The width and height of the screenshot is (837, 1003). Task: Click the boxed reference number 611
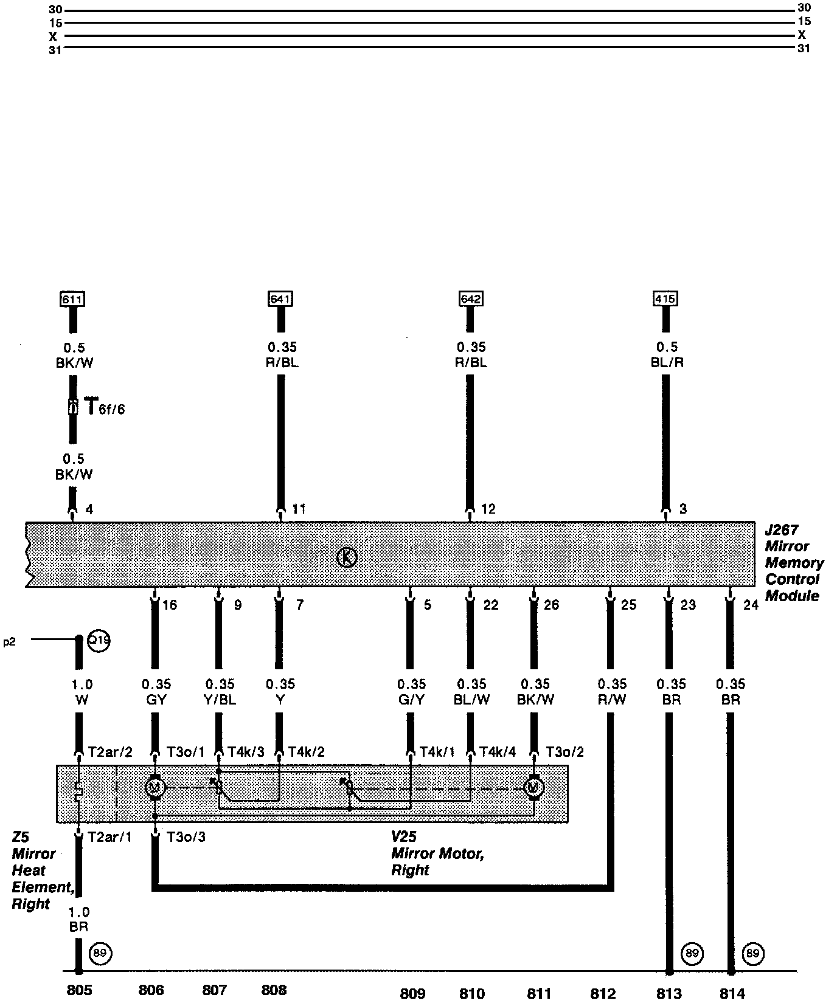(72, 299)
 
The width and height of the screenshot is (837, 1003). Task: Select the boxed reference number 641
(280, 299)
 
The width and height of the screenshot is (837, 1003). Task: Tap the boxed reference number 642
(471, 299)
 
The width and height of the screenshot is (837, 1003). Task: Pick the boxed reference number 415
(665, 299)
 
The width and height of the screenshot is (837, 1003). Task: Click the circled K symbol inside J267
(346, 557)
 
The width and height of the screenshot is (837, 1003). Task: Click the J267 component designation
(782, 530)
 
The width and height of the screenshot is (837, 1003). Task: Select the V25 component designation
(404, 837)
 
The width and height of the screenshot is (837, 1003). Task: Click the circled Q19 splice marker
(99, 640)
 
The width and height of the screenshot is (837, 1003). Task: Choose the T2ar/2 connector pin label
(110, 752)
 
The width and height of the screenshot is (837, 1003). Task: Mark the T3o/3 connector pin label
(186, 837)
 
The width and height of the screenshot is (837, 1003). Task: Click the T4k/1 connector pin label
(437, 752)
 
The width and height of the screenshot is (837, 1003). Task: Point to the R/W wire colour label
(611, 700)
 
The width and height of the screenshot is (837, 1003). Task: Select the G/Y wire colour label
(411, 700)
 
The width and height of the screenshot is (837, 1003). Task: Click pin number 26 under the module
(551, 605)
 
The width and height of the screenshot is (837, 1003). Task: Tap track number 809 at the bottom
(412, 993)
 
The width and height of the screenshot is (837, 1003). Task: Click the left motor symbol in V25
(155, 788)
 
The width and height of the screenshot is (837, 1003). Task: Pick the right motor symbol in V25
(533, 788)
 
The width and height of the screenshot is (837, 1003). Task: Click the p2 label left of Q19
(9, 642)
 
